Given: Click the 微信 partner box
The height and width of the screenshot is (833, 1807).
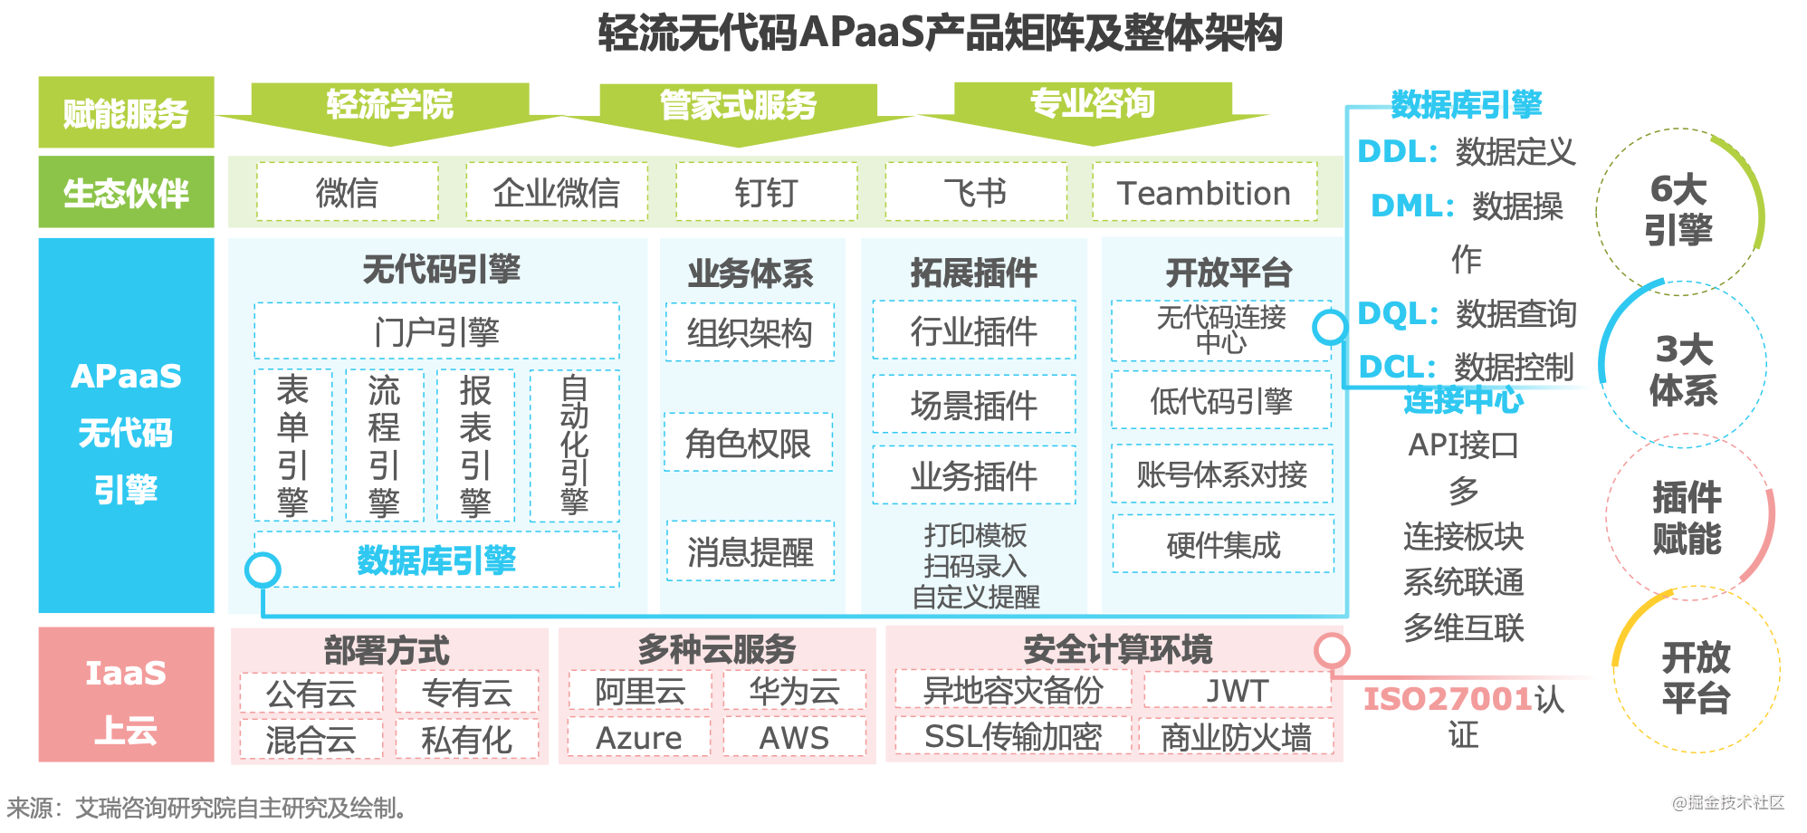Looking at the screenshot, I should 347,193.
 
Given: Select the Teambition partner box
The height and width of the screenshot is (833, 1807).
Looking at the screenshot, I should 1203,193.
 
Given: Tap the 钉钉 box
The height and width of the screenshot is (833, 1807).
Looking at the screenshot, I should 766,193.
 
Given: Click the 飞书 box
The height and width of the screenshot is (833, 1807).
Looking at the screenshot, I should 975,193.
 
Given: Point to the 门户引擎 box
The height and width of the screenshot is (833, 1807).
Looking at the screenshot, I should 436,331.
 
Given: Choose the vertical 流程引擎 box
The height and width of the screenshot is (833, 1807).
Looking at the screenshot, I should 384,445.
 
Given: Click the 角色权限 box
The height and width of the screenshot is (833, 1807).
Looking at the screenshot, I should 748,443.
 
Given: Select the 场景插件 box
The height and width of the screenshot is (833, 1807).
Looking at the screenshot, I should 973,405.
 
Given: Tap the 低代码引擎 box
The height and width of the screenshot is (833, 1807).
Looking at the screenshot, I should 1220,401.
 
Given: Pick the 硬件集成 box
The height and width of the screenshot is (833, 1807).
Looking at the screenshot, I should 1222,545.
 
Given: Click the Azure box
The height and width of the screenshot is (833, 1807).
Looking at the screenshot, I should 638,738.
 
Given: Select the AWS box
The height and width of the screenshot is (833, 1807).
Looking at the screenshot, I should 793,738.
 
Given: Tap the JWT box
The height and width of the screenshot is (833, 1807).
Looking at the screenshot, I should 1237,691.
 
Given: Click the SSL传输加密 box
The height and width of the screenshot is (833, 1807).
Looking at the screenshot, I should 1012,737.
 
